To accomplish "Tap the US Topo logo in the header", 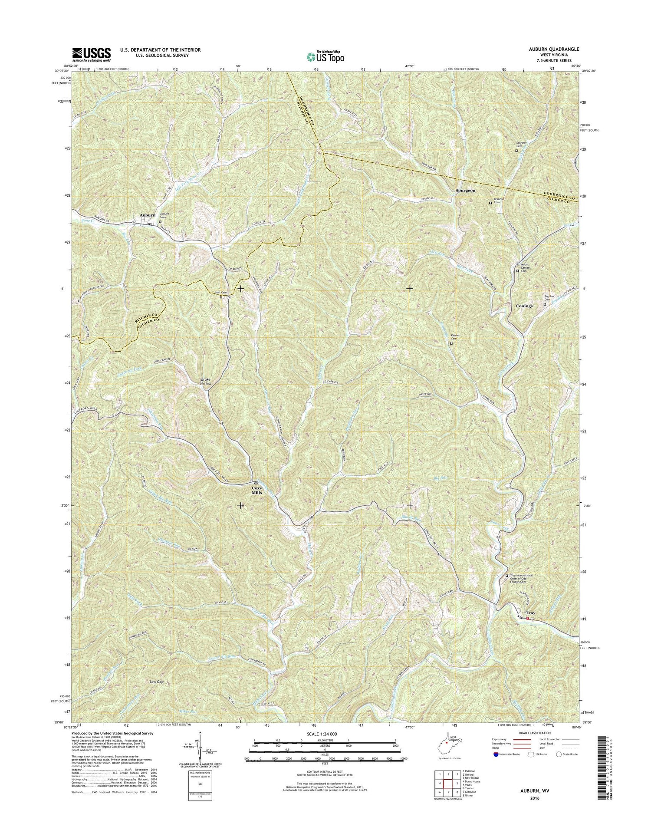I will coord(325,56).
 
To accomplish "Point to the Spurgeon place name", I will coord(465,191).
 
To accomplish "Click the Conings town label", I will coord(524,306).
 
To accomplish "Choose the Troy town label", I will coord(530,613).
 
